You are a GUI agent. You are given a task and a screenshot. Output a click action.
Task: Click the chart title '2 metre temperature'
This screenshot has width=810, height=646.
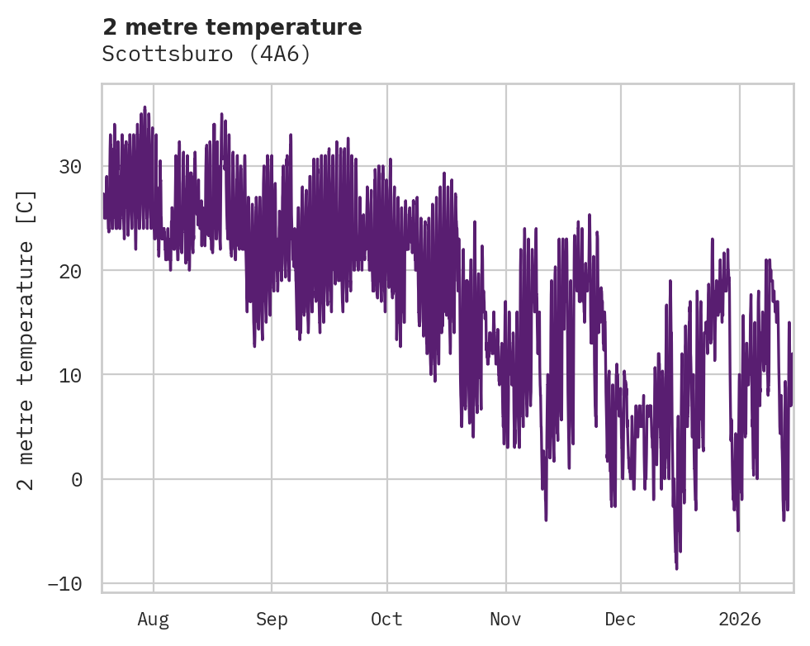(232, 27)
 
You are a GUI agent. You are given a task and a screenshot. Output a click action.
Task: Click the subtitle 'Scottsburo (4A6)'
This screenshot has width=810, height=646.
(206, 54)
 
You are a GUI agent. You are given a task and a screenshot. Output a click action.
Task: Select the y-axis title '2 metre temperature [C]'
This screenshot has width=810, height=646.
(27, 340)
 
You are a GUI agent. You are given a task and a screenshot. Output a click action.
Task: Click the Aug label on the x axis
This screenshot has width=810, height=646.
(153, 619)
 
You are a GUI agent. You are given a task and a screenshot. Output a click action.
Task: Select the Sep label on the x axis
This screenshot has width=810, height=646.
(271, 619)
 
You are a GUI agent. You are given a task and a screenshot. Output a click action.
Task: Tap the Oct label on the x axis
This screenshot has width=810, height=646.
(386, 619)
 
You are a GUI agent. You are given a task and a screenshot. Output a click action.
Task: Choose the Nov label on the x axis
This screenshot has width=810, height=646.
(505, 619)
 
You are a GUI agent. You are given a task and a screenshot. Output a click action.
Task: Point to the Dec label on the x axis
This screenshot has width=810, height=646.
(620, 619)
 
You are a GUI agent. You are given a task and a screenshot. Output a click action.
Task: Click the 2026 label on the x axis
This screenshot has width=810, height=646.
(739, 619)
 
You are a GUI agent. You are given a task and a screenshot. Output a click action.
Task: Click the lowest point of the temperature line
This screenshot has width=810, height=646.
(676, 568)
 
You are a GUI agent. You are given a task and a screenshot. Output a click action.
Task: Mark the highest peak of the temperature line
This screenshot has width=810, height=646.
(144, 107)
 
